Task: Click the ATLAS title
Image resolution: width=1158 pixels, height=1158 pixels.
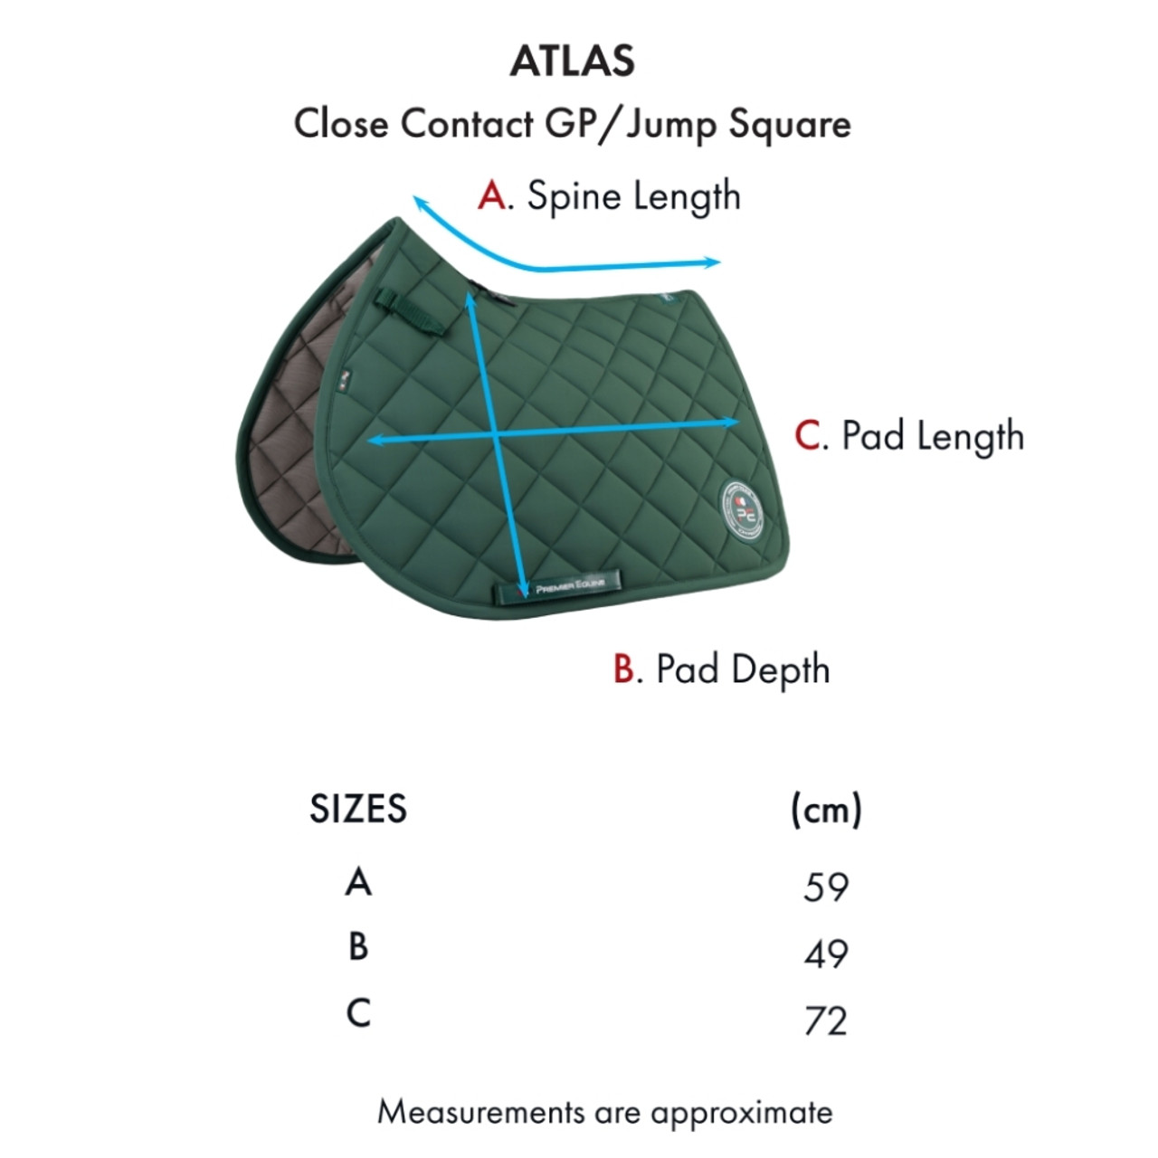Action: click(x=573, y=61)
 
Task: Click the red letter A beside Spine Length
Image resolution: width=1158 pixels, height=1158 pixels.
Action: click(x=492, y=195)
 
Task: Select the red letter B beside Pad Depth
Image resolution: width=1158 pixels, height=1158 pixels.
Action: click(x=625, y=669)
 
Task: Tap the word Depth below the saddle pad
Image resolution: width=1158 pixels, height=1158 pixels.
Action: click(x=780, y=670)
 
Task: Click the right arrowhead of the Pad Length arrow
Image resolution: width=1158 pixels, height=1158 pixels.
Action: click(x=736, y=422)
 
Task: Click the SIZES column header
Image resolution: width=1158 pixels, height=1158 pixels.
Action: click(x=358, y=809)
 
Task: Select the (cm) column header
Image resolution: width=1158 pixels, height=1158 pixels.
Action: click(x=825, y=809)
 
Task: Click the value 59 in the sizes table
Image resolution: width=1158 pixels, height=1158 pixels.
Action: click(x=825, y=887)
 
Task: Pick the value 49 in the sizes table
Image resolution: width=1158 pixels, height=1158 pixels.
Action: click(x=825, y=954)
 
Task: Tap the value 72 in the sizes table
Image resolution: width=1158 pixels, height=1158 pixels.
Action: click(x=825, y=1020)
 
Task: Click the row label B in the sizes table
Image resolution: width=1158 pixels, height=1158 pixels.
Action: click(x=358, y=946)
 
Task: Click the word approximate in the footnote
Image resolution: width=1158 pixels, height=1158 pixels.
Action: click(x=741, y=1112)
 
